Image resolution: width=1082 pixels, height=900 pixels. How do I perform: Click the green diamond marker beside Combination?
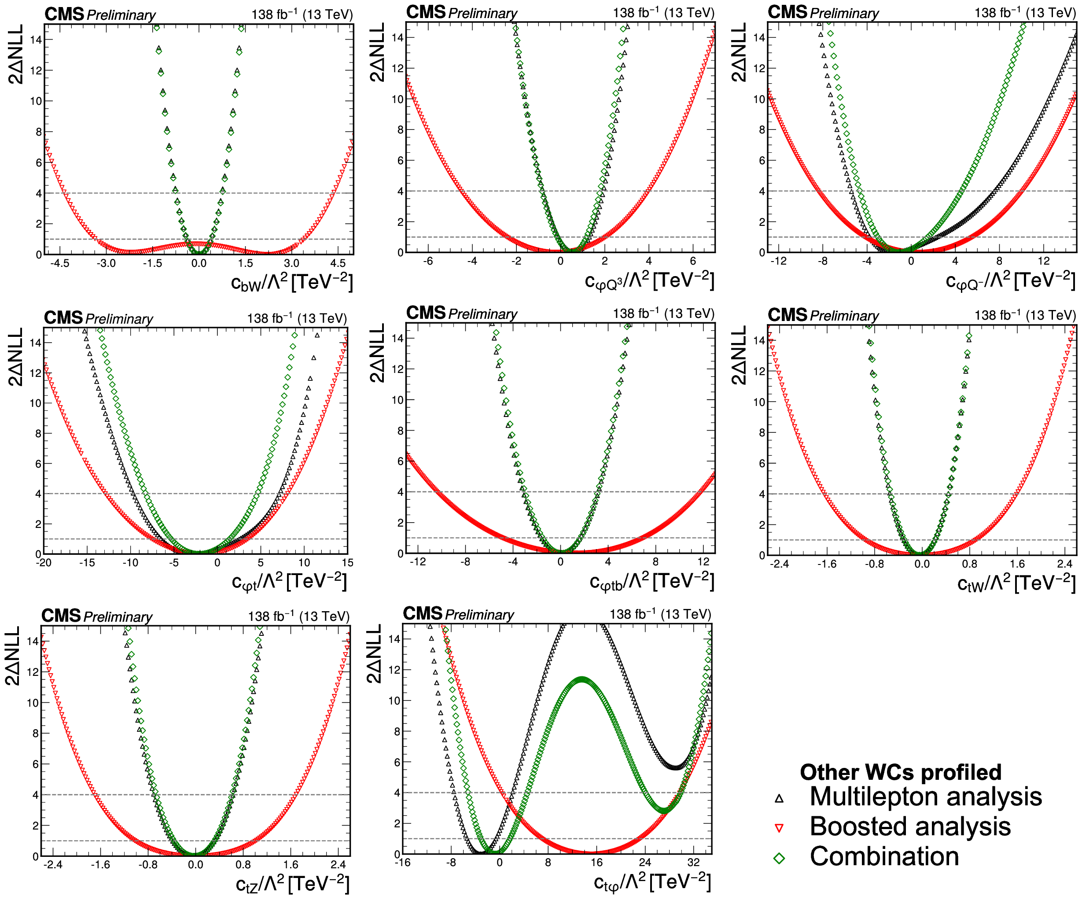coord(779,858)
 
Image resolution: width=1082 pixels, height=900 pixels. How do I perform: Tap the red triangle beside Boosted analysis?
coord(779,828)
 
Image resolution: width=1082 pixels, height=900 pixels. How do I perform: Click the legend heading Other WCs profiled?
coord(901,772)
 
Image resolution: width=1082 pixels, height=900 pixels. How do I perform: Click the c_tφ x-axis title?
coord(652,882)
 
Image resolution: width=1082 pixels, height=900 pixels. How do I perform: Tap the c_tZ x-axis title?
coord(292,884)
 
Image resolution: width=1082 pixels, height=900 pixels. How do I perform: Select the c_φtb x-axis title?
coord(652,582)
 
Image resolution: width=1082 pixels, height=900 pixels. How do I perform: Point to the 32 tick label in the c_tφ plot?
coord(693,863)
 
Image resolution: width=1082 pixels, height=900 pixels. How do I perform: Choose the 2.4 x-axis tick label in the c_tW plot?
coord(1064,564)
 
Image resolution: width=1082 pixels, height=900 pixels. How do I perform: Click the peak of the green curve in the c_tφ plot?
coord(582,680)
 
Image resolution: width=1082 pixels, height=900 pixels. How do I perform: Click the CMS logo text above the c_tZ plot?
coord(61,616)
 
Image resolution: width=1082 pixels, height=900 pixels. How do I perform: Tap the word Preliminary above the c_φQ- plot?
coord(844,13)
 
